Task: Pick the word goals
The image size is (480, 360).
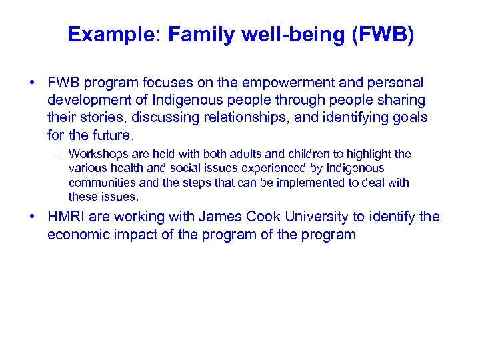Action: coord(409,117)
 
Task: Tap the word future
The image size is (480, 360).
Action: coord(113,135)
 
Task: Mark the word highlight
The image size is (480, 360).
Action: coord(362,154)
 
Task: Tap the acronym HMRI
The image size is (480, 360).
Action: coord(65,217)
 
